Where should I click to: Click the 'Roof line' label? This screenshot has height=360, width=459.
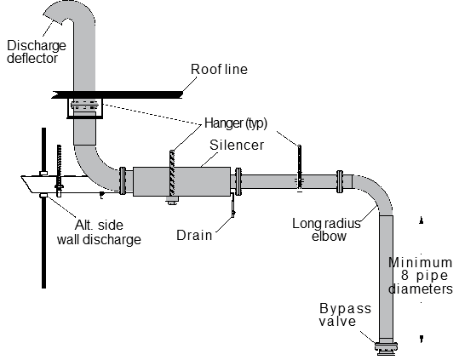[219, 69]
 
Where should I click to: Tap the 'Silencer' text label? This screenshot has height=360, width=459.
[237, 145]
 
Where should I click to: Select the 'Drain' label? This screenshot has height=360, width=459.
[194, 235]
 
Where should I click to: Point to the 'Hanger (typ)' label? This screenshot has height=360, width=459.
[236, 123]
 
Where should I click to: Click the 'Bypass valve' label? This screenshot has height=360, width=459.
[345, 315]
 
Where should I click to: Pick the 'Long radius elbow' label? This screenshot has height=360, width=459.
[326, 230]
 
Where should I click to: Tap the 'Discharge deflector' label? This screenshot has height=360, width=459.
[37, 52]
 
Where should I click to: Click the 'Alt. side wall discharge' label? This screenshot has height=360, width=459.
[99, 232]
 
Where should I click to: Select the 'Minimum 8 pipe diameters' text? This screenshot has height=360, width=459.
[421, 276]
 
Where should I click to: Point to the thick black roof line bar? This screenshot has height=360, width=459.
[118, 94]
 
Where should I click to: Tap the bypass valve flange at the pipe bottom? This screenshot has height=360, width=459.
[386, 348]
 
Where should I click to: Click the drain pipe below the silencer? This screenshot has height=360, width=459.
[233, 205]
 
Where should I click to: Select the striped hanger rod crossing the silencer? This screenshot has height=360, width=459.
[172, 173]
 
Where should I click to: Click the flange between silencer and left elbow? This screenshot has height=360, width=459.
[123, 180]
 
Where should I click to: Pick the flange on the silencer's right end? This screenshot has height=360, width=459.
[238, 181]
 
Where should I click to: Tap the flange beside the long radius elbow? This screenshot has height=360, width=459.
[340, 181]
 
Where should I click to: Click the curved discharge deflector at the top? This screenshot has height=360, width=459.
[73, 12]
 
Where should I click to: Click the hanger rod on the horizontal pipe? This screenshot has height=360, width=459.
[300, 169]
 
